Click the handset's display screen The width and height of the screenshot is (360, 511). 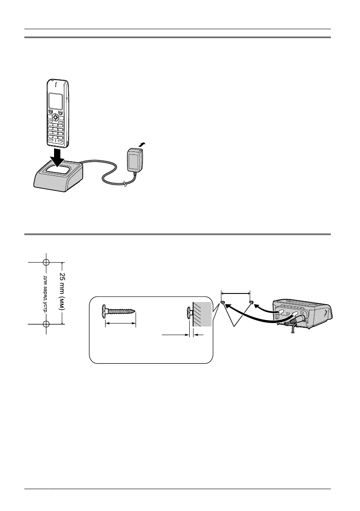point(55,101)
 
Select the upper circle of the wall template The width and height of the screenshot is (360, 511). point(46,262)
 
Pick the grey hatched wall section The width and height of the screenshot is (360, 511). point(203,315)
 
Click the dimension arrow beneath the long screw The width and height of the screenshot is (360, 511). point(121,324)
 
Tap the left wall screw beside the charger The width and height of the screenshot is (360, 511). point(223,304)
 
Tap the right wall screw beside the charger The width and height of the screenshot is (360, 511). point(251,303)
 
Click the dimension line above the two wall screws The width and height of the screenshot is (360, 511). point(235,293)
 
